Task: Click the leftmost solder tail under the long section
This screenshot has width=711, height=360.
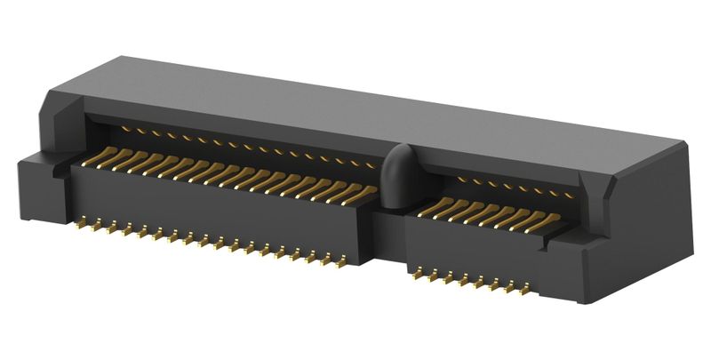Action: click(x=81, y=224)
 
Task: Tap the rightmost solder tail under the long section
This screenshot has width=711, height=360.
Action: click(x=342, y=263)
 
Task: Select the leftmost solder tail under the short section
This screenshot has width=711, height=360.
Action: click(x=415, y=274)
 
